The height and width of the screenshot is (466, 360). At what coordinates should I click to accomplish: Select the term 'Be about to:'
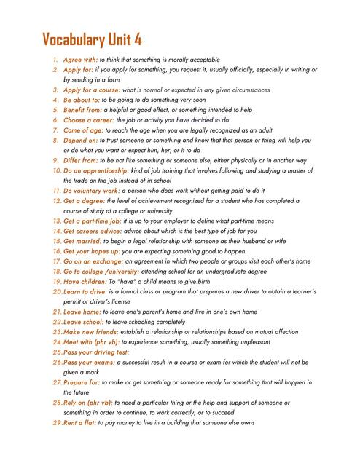[x=81, y=100]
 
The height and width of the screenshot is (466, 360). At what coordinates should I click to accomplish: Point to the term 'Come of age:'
[x=83, y=130]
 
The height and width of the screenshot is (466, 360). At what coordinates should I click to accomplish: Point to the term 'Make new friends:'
[x=92, y=331]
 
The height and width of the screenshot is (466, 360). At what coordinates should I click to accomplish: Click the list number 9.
[x=55, y=160]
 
